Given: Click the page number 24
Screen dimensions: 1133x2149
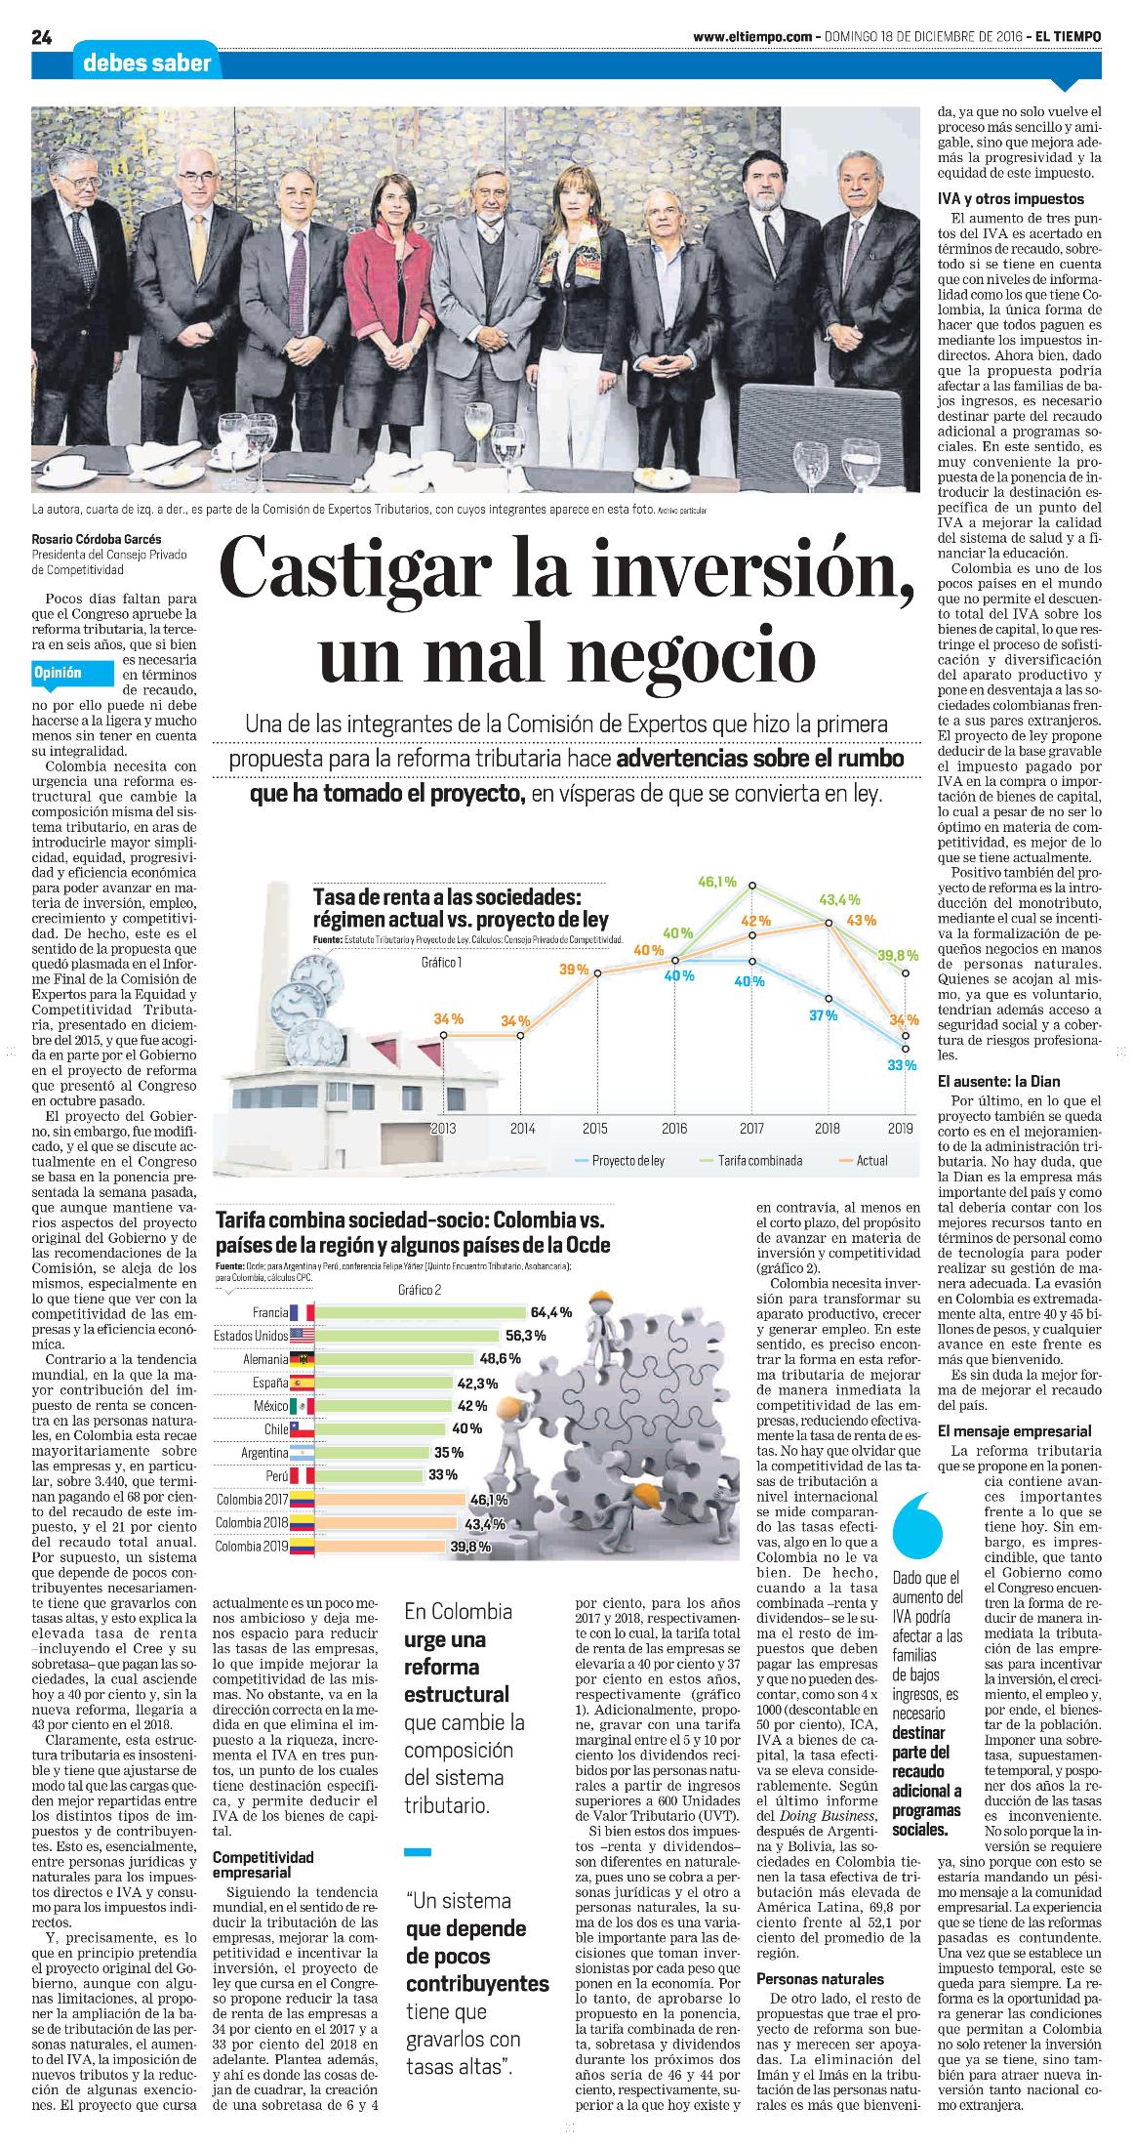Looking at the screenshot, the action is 41,38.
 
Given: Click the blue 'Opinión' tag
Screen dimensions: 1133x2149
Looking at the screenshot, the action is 58,673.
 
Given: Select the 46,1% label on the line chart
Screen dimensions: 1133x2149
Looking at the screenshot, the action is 717,882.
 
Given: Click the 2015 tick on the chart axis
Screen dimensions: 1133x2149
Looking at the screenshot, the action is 594,1128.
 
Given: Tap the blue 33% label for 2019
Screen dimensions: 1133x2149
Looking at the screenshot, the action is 902,1064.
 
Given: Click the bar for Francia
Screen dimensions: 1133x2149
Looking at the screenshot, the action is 421,1311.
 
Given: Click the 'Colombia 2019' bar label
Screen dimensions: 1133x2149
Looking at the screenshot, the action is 250,1546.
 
